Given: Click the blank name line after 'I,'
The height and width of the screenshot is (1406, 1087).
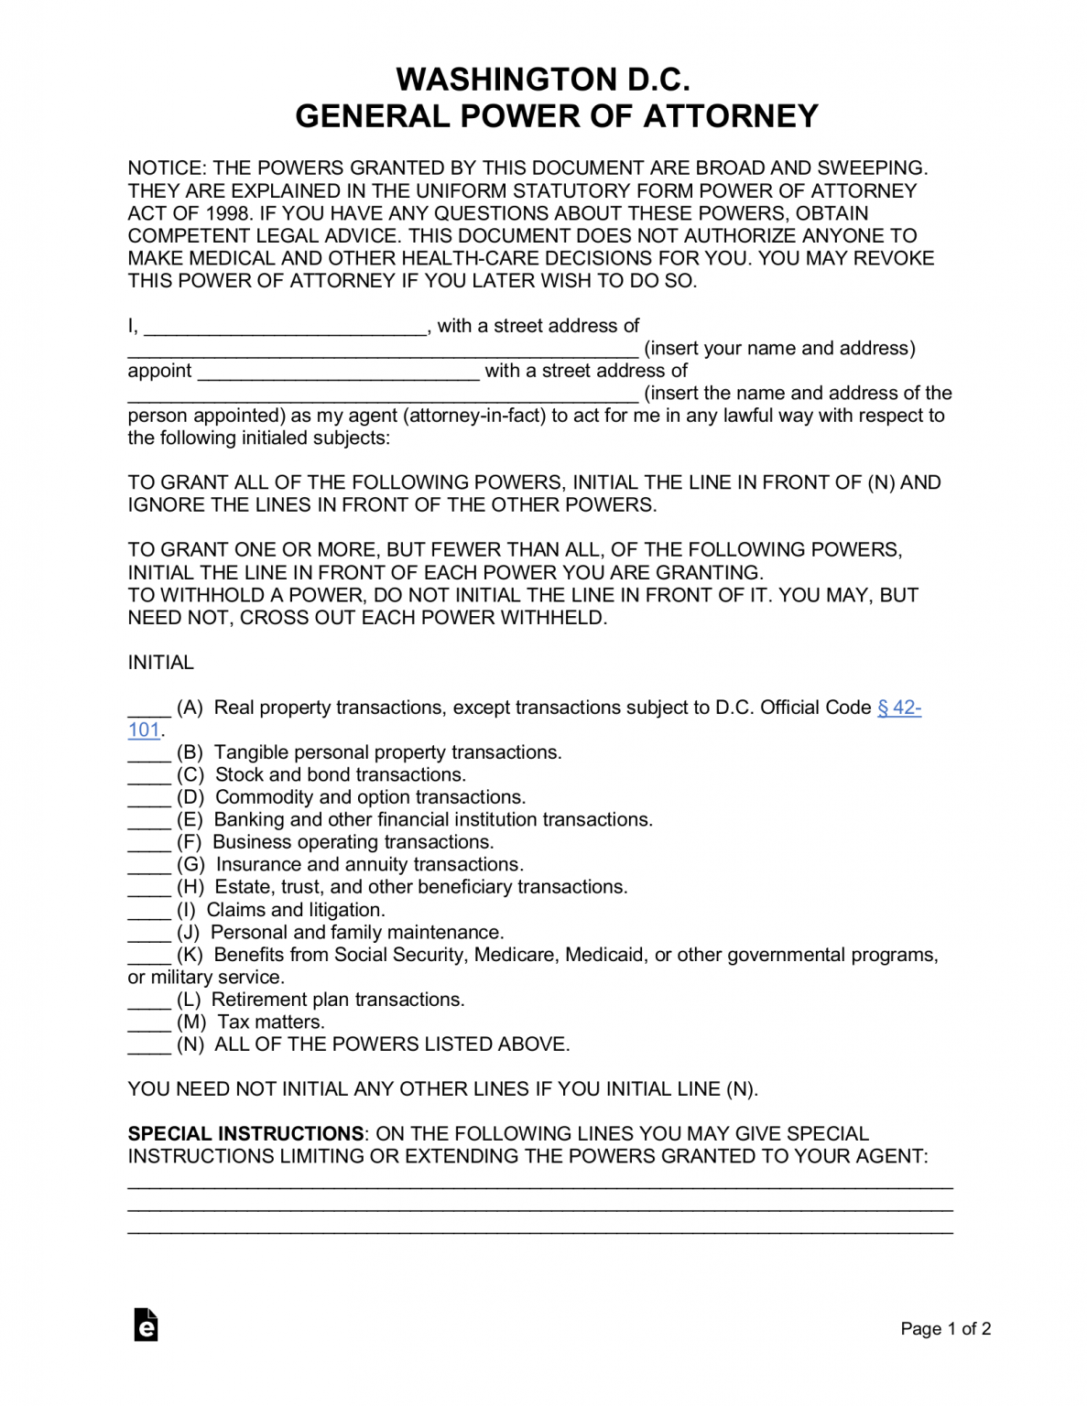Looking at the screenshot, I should [x=286, y=328].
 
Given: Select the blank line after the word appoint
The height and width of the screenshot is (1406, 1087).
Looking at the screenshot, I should [x=338, y=373].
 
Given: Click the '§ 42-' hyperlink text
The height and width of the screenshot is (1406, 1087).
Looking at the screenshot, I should [x=898, y=708].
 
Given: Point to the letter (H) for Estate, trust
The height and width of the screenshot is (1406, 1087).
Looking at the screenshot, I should [x=190, y=887].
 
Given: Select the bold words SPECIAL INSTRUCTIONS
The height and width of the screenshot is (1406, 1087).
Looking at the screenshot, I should [x=245, y=1133].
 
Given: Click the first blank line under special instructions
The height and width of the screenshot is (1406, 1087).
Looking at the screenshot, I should [x=539, y=1185].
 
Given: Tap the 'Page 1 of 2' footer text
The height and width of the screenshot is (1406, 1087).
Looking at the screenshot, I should [x=945, y=1328].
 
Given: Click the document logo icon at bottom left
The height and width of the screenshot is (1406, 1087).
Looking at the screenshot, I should [x=147, y=1325].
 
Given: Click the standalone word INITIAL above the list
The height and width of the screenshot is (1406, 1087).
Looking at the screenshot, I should [x=160, y=663].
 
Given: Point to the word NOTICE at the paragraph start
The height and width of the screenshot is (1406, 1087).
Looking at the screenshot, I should [x=166, y=168].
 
